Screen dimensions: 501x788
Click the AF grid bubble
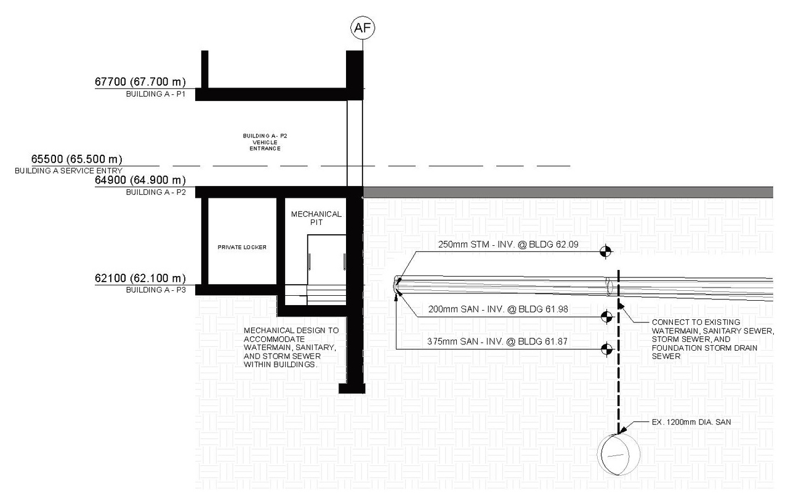362,27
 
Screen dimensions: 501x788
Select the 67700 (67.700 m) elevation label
140,81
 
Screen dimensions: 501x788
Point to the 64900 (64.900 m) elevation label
140,180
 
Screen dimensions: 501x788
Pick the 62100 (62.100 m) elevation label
140,278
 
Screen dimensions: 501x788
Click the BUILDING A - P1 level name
155,94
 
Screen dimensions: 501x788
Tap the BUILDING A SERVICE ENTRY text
69,170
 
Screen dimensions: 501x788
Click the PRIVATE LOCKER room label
241,247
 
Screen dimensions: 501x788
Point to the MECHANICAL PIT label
316,218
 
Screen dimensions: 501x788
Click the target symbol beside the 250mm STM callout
606,250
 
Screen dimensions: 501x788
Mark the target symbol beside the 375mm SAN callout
606,349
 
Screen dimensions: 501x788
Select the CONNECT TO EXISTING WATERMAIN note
705,339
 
